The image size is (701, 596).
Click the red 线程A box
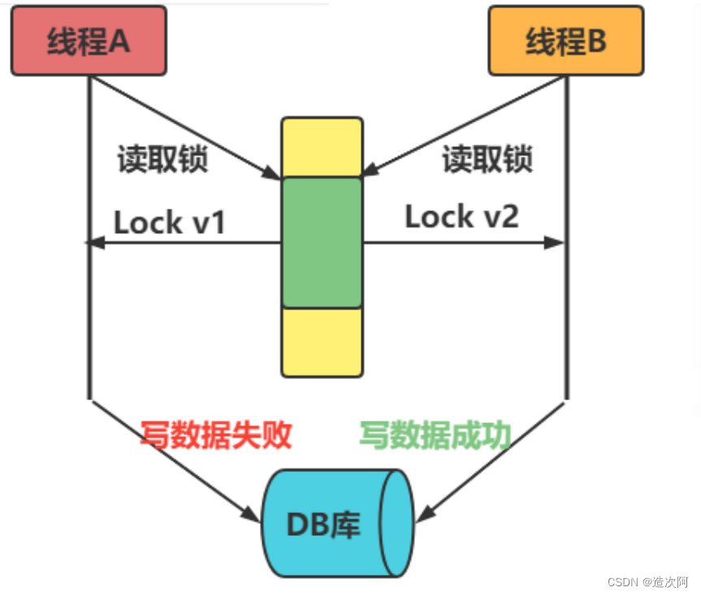(x=89, y=41)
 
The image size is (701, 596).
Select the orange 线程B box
(x=565, y=41)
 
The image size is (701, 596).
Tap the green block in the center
(x=322, y=242)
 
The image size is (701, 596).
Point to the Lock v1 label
(x=169, y=222)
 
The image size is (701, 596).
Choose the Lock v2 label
(x=461, y=217)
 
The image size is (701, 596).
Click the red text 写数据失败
(x=215, y=436)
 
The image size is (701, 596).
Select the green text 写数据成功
(x=435, y=436)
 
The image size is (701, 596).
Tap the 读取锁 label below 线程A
(x=162, y=159)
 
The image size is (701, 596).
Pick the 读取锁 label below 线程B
(x=487, y=159)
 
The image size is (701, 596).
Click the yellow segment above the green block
(x=322, y=147)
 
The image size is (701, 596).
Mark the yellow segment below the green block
(x=322, y=342)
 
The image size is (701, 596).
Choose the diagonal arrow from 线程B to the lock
(x=463, y=126)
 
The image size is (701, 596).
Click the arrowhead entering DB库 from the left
(x=253, y=514)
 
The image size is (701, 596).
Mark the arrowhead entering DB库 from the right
(x=423, y=514)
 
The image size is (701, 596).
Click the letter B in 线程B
(x=596, y=41)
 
